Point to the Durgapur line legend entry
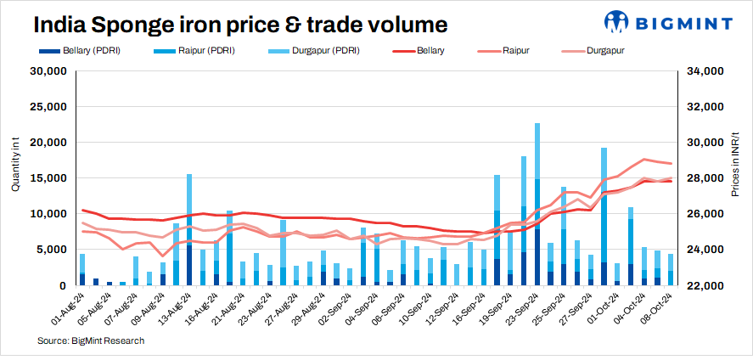594,52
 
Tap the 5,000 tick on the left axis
53,250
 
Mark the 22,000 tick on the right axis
704,285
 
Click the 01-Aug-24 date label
68,308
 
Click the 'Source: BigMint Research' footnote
91,341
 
